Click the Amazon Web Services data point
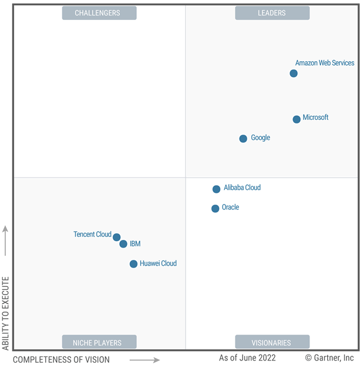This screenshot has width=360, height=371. point(294,73)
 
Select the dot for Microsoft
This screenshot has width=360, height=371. point(297,119)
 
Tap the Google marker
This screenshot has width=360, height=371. point(243,139)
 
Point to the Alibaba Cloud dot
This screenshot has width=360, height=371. point(217,189)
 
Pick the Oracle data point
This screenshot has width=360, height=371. point(216,208)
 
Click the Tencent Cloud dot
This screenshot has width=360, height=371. point(117,238)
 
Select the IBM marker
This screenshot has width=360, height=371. point(123,244)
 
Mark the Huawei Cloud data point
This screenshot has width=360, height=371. point(134,264)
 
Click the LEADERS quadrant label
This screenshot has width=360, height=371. point(272,13)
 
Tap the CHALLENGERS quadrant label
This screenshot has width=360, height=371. point(99,13)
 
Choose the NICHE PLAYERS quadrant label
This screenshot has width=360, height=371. point(99,342)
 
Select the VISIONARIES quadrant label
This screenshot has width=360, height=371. point(272,342)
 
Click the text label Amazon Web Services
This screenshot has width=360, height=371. point(325,63)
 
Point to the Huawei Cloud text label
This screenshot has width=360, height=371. point(158,263)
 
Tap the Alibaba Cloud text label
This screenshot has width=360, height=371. point(242,188)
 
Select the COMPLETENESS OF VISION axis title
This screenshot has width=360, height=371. point(61,359)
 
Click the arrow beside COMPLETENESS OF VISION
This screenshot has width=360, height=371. point(144,360)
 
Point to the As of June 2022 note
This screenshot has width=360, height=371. point(247,357)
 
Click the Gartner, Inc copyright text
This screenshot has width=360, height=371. point(329,357)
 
